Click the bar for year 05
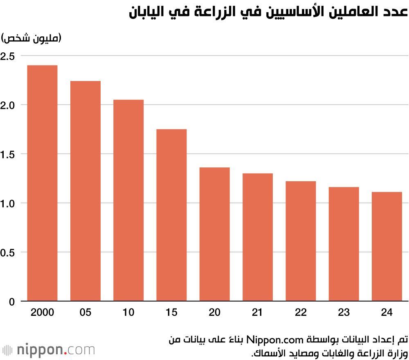point(85,191)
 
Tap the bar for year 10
point(128,200)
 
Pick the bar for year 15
point(171,215)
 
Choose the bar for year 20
point(214,234)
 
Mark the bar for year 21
point(258,237)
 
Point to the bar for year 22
point(301,241)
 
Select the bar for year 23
point(344,244)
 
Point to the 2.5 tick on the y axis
point(8,56)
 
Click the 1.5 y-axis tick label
point(8,154)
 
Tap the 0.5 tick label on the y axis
point(8,252)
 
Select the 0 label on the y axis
point(11,302)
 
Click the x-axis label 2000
point(42,313)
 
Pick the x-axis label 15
point(171,313)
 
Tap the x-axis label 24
point(387,313)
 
